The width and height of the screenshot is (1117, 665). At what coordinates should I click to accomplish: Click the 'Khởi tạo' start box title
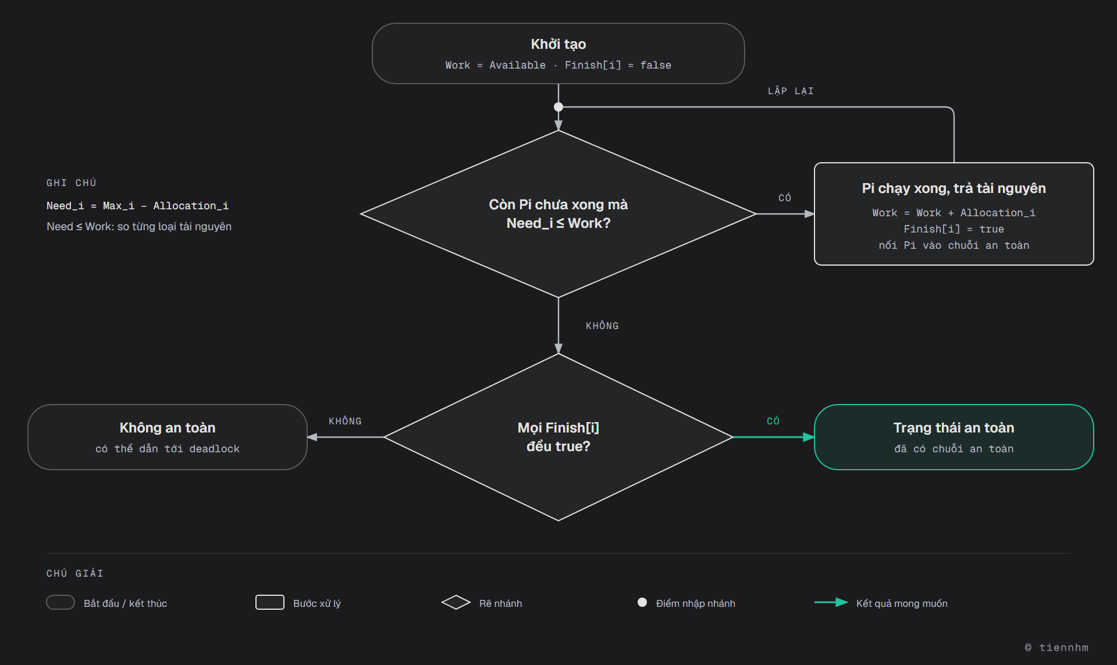[558, 44]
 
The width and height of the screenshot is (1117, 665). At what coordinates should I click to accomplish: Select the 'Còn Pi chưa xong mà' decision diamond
[558, 214]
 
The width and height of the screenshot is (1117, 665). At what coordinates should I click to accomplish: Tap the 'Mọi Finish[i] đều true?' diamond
[558, 437]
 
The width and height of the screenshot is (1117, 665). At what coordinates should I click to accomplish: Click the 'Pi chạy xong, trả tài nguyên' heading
[954, 188]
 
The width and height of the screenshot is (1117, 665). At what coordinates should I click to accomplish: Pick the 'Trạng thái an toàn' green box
[954, 437]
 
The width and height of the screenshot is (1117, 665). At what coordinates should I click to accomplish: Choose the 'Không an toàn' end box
[168, 437]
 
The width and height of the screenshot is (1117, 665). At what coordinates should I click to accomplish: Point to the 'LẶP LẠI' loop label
[791, 91]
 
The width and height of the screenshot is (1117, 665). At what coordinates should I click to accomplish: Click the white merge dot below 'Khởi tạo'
[558, 107]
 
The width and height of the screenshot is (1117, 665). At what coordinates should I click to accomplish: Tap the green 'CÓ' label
[773, 421]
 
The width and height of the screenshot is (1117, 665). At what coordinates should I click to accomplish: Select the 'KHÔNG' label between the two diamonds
[602, 326]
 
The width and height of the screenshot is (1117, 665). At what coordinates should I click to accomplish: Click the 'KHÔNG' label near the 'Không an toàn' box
[345, 421]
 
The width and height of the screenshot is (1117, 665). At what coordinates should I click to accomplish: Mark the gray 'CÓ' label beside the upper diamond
[785, 198]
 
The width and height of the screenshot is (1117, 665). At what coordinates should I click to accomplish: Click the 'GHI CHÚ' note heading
[72, 183]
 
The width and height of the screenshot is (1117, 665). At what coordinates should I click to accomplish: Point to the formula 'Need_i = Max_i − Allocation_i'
[137, 206]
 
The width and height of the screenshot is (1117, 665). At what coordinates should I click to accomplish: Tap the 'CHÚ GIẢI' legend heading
[75, 573]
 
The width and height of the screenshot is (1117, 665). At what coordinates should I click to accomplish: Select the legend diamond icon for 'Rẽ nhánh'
[456, 602]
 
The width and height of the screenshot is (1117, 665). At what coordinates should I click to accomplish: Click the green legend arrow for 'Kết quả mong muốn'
[831, 602]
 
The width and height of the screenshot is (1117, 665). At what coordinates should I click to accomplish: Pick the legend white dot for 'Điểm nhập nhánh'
[642, 602]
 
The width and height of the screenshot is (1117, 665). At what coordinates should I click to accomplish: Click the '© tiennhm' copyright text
[1056, 648]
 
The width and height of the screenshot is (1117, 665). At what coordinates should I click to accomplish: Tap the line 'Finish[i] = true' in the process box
[954, 229]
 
